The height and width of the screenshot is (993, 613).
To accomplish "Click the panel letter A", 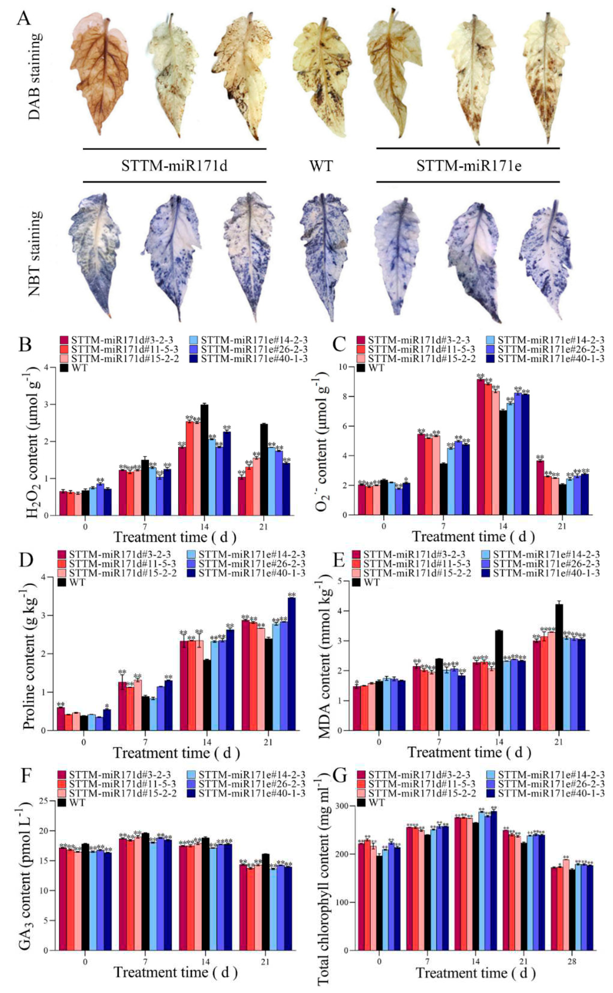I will click(x=24, y=19).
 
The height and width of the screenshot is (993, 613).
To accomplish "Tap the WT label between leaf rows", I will click(x=321, y=166).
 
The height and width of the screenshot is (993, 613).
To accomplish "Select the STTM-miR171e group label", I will click(x=468, y=166).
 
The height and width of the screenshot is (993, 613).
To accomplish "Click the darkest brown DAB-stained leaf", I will click(x=99, y=73).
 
